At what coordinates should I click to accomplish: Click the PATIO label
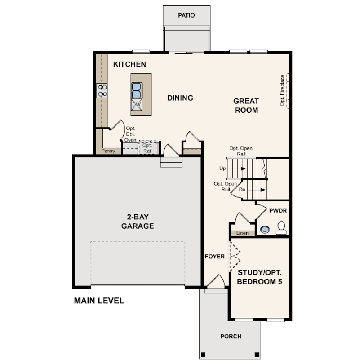coord(186,15)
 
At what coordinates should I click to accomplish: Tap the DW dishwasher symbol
coord(136,104)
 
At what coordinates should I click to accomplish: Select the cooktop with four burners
coord(102,90)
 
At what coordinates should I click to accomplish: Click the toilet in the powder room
coord(281,228)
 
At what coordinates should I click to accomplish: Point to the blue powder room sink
coord(265,230)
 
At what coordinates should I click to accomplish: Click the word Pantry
coord(108,151)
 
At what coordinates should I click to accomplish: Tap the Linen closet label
coord(242,233)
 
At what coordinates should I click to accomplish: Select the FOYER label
coord(215,257)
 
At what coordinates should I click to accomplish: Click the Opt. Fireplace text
coord(282,90)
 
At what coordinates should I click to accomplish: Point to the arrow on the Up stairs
coord(243,169)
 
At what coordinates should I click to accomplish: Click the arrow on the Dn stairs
coord(263,190)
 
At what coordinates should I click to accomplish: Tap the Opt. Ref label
coord(147,148)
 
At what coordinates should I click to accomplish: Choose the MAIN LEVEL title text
coord(99,301)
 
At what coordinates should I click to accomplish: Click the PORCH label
coord(231,337)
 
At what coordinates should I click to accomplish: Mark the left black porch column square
coord(203,355)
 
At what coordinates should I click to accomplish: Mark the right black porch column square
coord(257,355)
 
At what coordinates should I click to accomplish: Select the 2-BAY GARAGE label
coord(138,222)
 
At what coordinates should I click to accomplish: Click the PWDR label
coord(278,211)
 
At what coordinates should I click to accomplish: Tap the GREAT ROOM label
coord(246,106)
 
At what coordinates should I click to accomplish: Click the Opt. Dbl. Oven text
coord(130,134)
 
